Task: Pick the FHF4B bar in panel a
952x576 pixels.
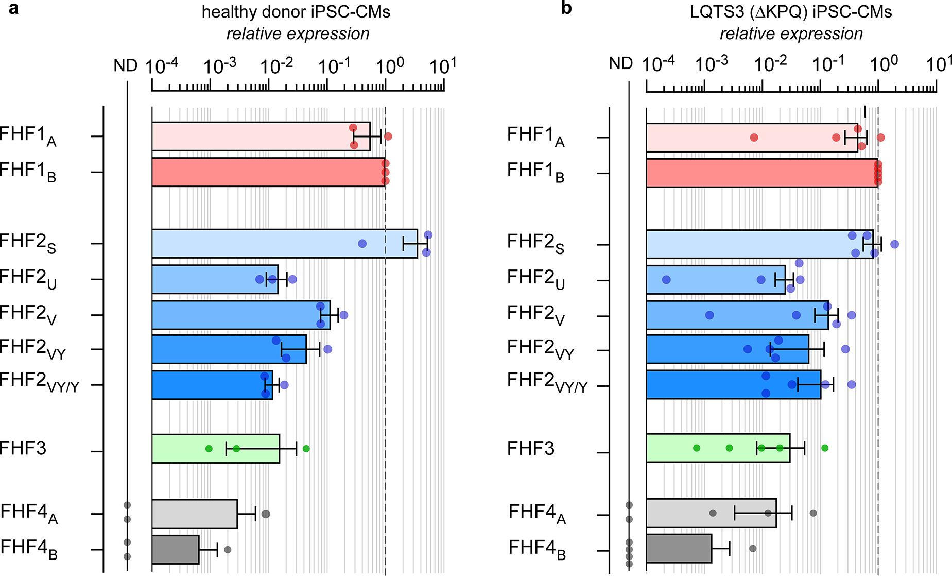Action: point(175,550)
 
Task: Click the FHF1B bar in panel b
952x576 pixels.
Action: point(761,173)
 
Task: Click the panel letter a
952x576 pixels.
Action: point(14,8)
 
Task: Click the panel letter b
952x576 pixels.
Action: point(566,8)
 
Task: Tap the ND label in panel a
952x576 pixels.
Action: point(126,66)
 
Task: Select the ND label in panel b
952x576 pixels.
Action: point(620,64)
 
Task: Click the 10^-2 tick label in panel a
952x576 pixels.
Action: point(277,66)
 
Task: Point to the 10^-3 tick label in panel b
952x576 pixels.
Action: point(713,64)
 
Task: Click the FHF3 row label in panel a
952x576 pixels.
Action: point(24,448)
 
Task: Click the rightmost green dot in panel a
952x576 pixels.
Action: point(306,448)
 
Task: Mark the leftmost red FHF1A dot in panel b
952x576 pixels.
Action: point(754,138)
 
